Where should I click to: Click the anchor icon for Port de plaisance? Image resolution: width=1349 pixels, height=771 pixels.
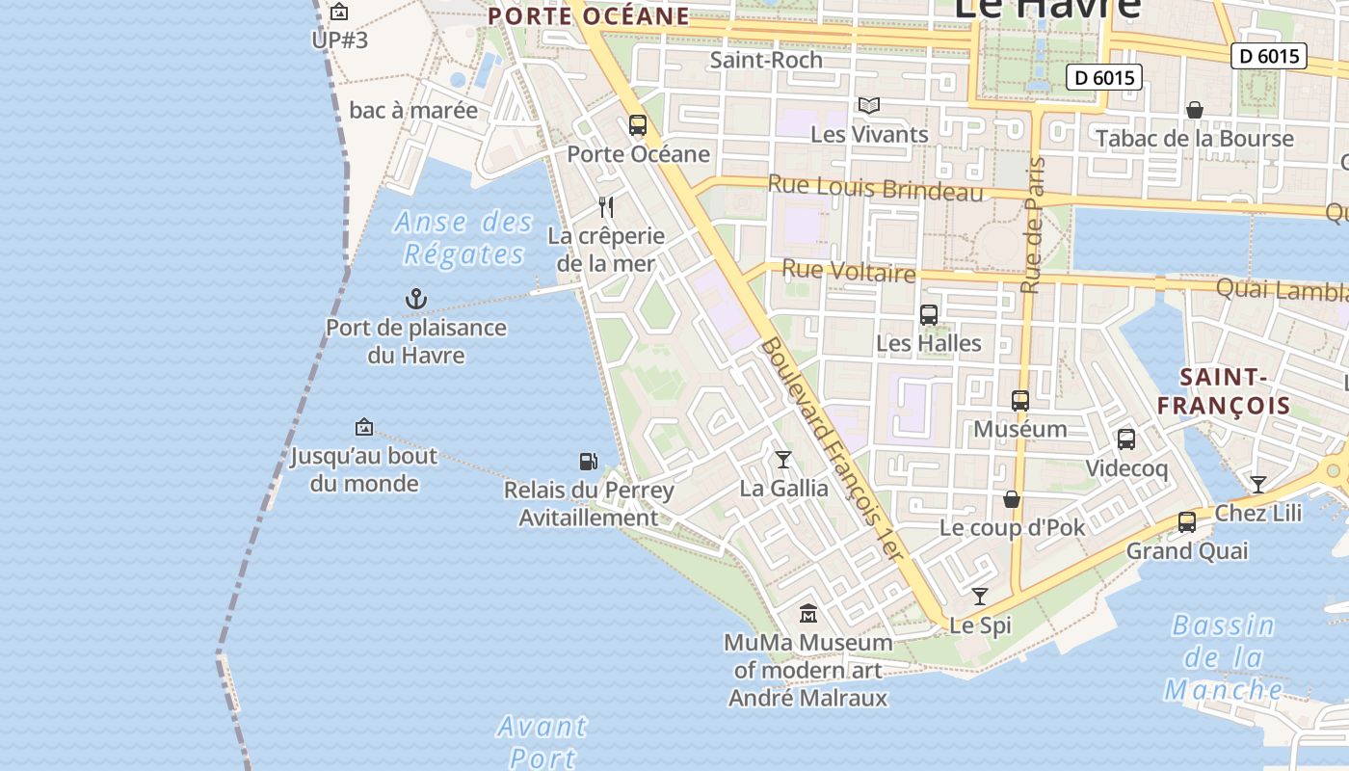415,299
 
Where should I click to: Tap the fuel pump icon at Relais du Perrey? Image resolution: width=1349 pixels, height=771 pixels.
588,462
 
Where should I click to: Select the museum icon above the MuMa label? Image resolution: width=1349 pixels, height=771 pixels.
807,613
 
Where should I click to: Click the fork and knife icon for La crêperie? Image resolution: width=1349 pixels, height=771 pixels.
606,206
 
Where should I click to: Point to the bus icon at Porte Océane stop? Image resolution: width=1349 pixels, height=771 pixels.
637,125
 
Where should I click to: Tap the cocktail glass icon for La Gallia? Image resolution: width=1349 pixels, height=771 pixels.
783,460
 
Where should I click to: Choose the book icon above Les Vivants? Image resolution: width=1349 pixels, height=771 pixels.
869,105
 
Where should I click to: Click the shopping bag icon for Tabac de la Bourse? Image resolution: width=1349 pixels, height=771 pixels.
1195,110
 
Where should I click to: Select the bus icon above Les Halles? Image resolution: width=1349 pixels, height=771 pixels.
929,315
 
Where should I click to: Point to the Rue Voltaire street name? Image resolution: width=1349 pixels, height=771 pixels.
848,272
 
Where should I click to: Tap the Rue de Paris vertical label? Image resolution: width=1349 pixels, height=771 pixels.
1033,226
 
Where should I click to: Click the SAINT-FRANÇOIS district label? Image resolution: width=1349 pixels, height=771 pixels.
1223,391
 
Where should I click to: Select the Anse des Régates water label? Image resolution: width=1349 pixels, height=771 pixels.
463,238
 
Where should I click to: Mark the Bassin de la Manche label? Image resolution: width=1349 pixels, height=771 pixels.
1224,657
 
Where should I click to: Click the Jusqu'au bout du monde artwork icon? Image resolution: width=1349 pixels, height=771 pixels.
364,427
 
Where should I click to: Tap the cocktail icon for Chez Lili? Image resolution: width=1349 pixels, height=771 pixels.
1257,484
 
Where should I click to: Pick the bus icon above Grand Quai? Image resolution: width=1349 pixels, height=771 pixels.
1187,522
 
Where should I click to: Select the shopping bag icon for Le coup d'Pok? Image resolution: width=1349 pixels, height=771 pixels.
1012,499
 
